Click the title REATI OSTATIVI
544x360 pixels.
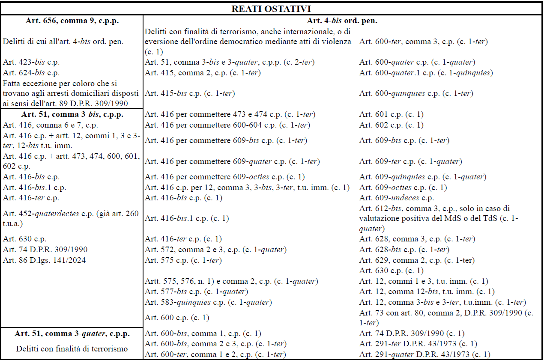(x=272, y=9)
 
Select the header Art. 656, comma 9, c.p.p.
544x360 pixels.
(x=72, y=21)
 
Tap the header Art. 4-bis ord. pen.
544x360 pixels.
(x=342, y=21)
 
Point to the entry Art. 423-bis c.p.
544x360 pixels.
(x=31, y=62)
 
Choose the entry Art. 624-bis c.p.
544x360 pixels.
(x=31, y=73)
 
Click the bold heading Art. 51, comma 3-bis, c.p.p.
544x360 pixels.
(x=72, y=114)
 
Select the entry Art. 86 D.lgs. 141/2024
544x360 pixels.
(x=44, y=260)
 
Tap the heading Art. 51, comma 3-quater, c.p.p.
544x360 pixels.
(x=72, y=333)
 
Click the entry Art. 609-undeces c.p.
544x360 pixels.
(x=397, y=198)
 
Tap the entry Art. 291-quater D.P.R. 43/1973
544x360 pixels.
(x=424, y=354)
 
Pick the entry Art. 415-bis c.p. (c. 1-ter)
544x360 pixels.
(x=190, y=93)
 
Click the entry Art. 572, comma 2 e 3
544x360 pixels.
(x=215, y=250)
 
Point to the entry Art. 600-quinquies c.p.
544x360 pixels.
(x=422, y=93)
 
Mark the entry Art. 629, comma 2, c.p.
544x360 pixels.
(x=417, y=260)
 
